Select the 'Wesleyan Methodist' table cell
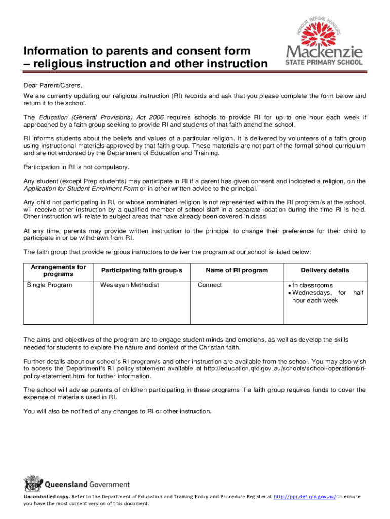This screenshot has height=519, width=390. (130, 285)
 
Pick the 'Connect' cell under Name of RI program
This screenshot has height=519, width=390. (210, 285)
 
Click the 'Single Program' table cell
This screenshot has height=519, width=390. (50, 285)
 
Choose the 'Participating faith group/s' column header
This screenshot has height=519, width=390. (141, 270)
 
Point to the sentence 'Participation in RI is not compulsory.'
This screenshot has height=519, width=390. (76, 167)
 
